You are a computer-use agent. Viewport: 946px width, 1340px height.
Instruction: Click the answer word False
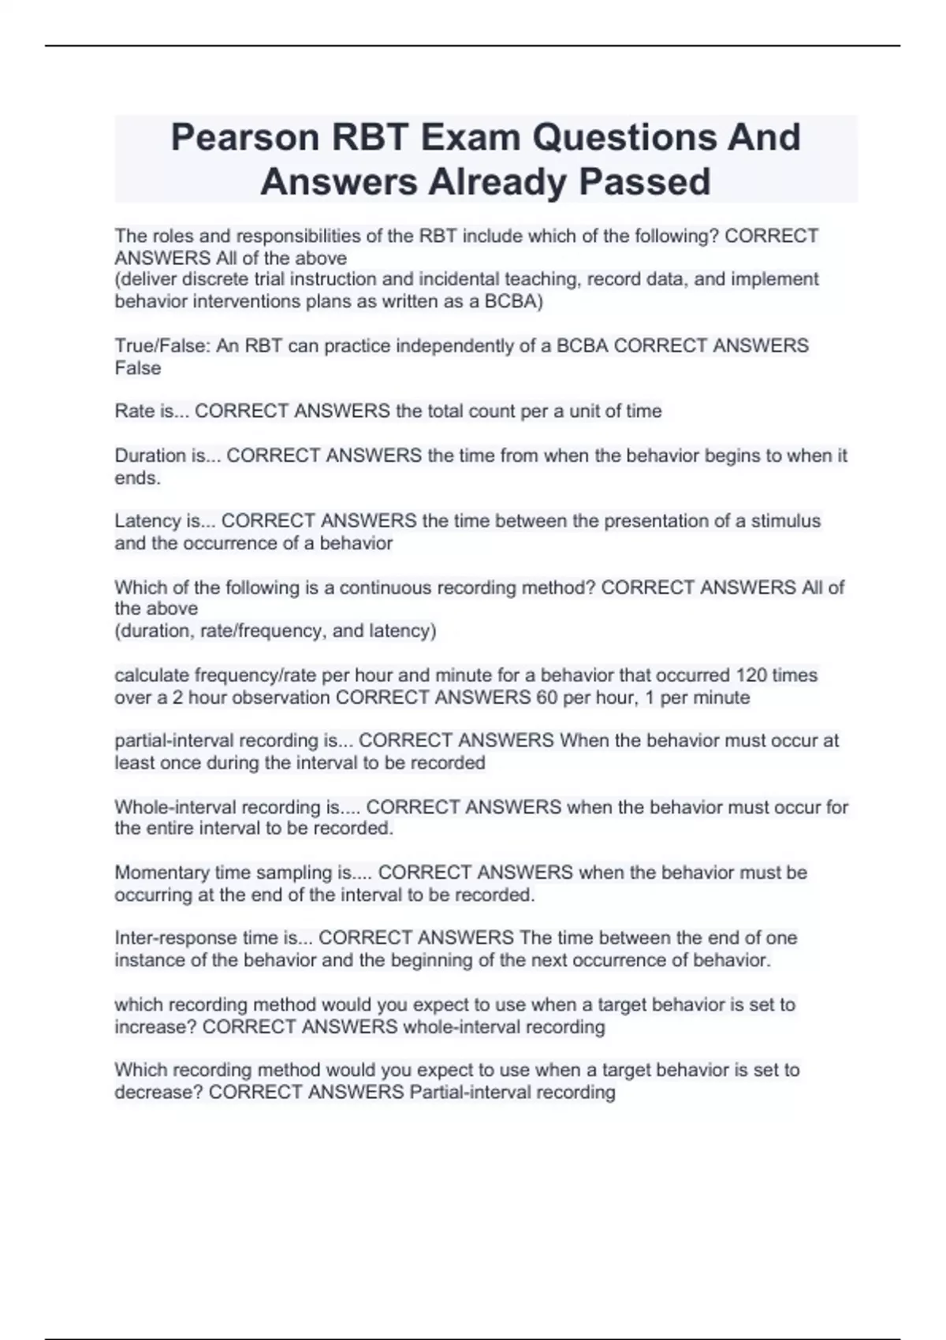tap(138, 368)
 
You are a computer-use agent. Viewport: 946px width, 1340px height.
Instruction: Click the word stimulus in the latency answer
tap(786, 521)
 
